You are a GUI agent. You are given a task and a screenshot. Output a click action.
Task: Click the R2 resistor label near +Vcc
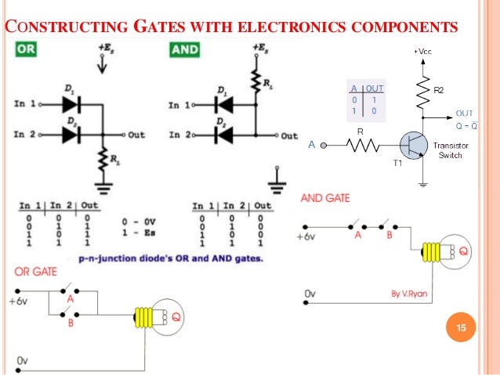[439, 91]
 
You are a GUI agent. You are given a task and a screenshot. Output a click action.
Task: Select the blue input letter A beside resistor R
[312, 145]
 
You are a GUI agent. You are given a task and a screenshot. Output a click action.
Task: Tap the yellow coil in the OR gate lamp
[143, 316]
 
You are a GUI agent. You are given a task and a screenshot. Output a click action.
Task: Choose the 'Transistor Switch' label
[451, 150]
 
